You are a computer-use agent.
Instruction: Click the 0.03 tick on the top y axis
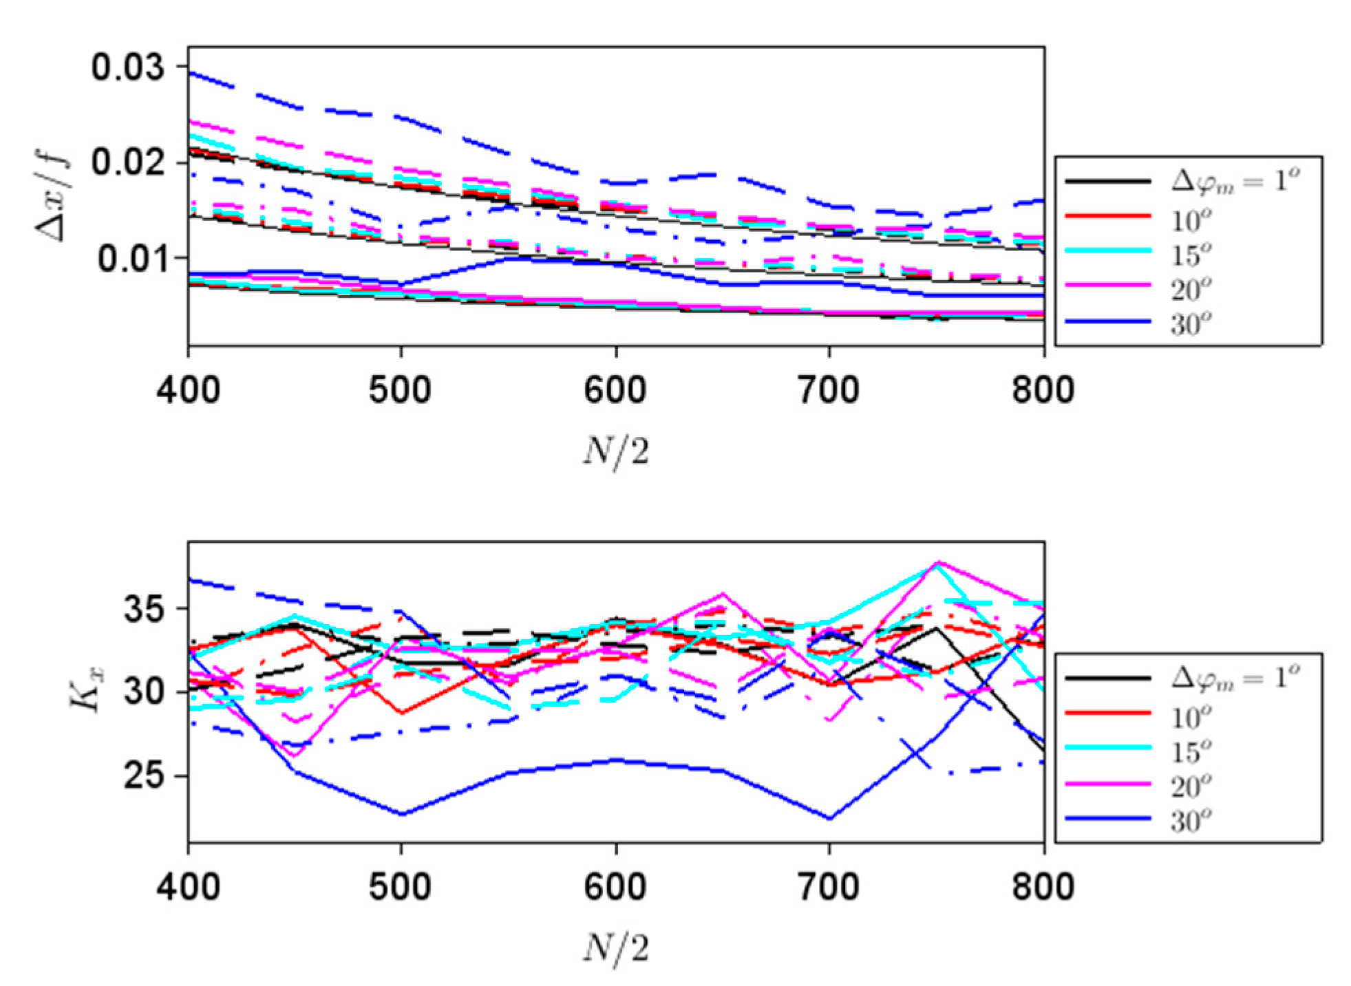point(128,67)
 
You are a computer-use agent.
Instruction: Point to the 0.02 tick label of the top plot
point(128,162)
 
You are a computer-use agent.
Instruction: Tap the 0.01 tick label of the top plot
point(131,259)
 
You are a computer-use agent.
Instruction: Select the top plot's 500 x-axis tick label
point(400,389)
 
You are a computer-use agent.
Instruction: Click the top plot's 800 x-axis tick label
point(1043,389)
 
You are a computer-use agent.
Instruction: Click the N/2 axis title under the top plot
point(616,452)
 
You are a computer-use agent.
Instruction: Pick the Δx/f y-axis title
point(54,197)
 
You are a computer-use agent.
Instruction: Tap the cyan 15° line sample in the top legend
point(1108,250)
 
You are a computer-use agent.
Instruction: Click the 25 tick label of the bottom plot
point(144,776)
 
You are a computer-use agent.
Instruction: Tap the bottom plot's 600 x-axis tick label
point(615,886)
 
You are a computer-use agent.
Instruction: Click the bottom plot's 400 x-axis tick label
point(188,886)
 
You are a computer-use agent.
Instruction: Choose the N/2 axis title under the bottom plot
point(616,948)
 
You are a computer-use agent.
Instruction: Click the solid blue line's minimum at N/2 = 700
point(829,819)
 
